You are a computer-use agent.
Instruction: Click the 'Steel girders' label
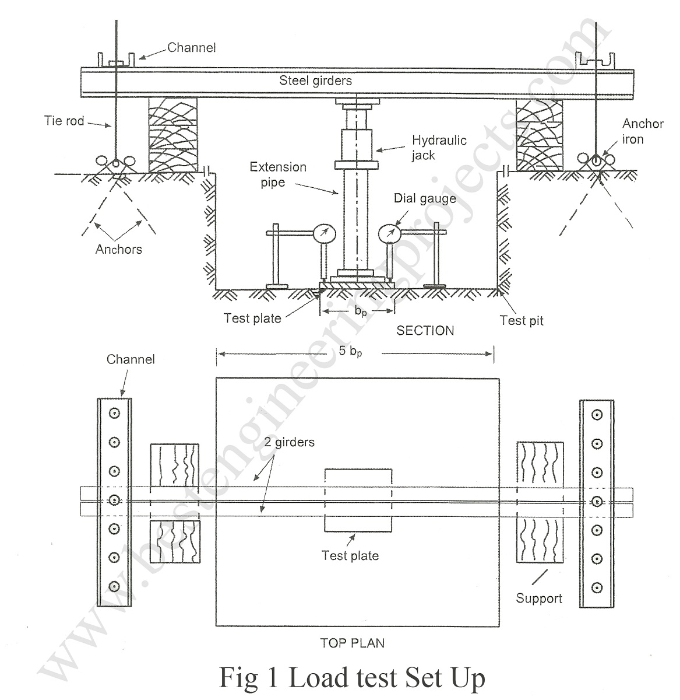[x=315, y=80]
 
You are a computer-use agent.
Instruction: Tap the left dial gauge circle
[x=324, y=234]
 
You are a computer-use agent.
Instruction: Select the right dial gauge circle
[x=390, y=234]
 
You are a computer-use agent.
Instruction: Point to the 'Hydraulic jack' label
[x=439, y=148]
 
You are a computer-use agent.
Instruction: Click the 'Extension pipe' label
[x=278, y=174]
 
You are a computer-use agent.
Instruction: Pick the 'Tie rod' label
[x=64, y=121]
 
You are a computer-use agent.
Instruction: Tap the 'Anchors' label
[x=119, y=249]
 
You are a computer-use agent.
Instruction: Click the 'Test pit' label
[x=522, y=320]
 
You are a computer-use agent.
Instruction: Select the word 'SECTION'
[x=425, y=331]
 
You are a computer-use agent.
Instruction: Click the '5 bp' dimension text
[x=350, y=351]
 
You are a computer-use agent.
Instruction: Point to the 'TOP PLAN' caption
[x=352, y=643]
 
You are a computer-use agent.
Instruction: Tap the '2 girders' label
[x=290, y=442]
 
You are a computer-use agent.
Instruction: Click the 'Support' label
[x=539, y=598]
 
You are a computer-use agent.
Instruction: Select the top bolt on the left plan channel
[x=115, y=413]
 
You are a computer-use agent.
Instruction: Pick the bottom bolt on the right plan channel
[x=597, y=588]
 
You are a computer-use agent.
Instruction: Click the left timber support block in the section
[x=173, y=135]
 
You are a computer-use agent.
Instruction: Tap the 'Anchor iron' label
[x=643, y=131]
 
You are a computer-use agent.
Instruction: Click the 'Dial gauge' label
[x=425, y=198]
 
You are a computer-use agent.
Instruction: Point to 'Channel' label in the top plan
[x=131, y=359]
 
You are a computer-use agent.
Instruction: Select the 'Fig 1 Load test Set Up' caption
[x=352, y=678]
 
